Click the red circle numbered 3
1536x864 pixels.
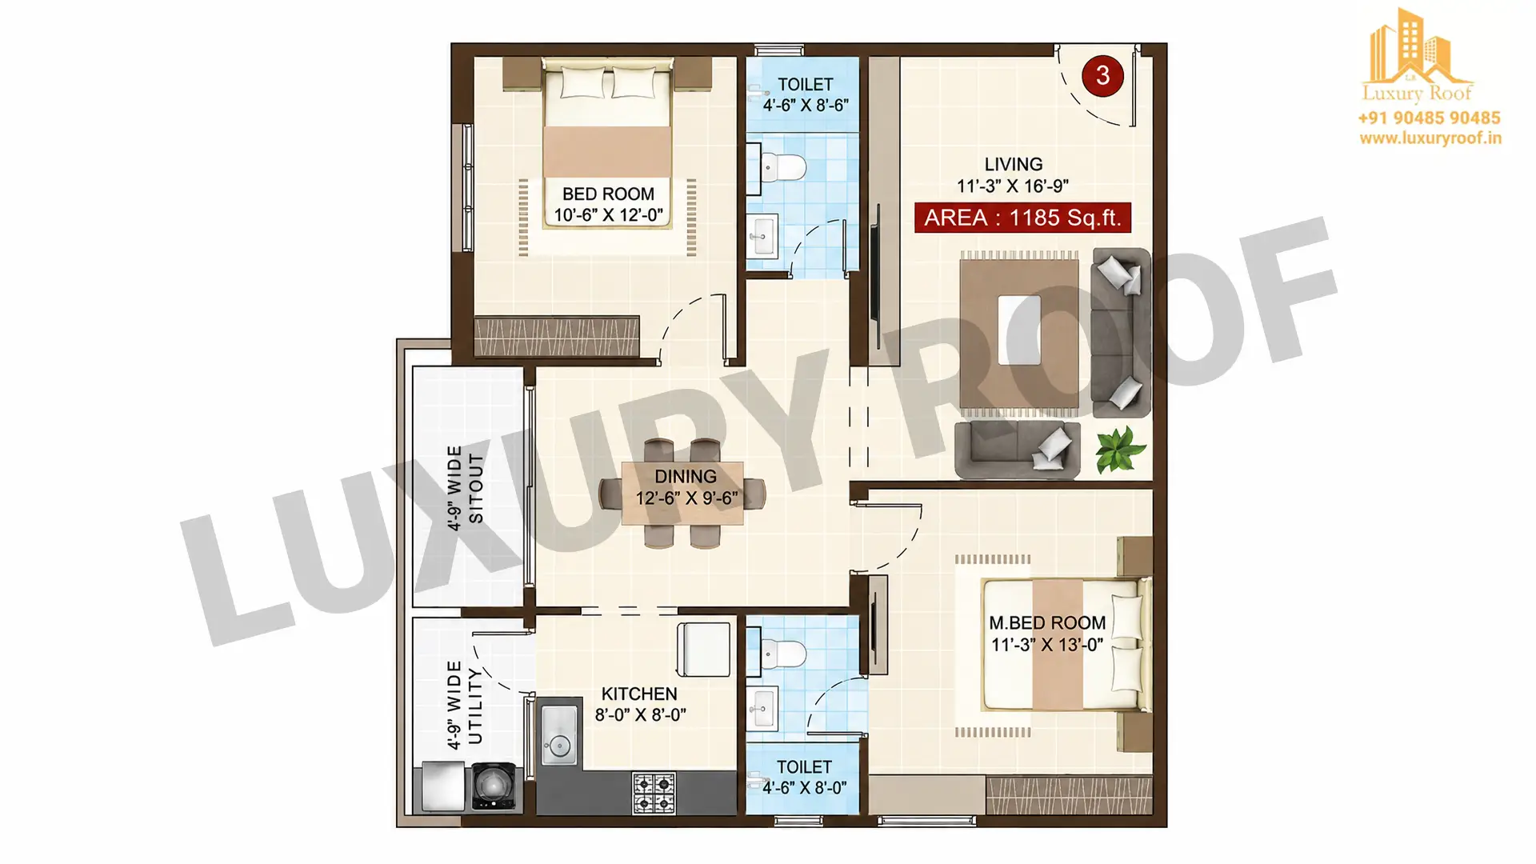click(x=1102, y=76)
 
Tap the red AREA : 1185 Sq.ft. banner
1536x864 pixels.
click(x=1022, y=218)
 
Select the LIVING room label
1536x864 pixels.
click(x=1014, y=164)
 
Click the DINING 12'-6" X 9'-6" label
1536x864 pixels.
click(x=686, y=487)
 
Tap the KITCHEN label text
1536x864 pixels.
click(x=639, y=694)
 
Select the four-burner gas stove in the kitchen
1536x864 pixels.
click(x=654, y=794)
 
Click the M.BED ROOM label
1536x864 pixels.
click(x=1047, y=622)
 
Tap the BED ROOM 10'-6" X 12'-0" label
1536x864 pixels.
click(x=608, y=205)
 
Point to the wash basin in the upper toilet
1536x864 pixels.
click(x=763, y=235)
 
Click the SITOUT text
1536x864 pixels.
click(x=476, y=488)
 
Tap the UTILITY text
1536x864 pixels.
click(x=475, y=706)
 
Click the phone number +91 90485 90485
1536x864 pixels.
click(x=1429, y=118)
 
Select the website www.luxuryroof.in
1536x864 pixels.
click(x=1430, y=138)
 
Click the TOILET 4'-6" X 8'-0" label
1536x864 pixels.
click(x=804, y=778)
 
